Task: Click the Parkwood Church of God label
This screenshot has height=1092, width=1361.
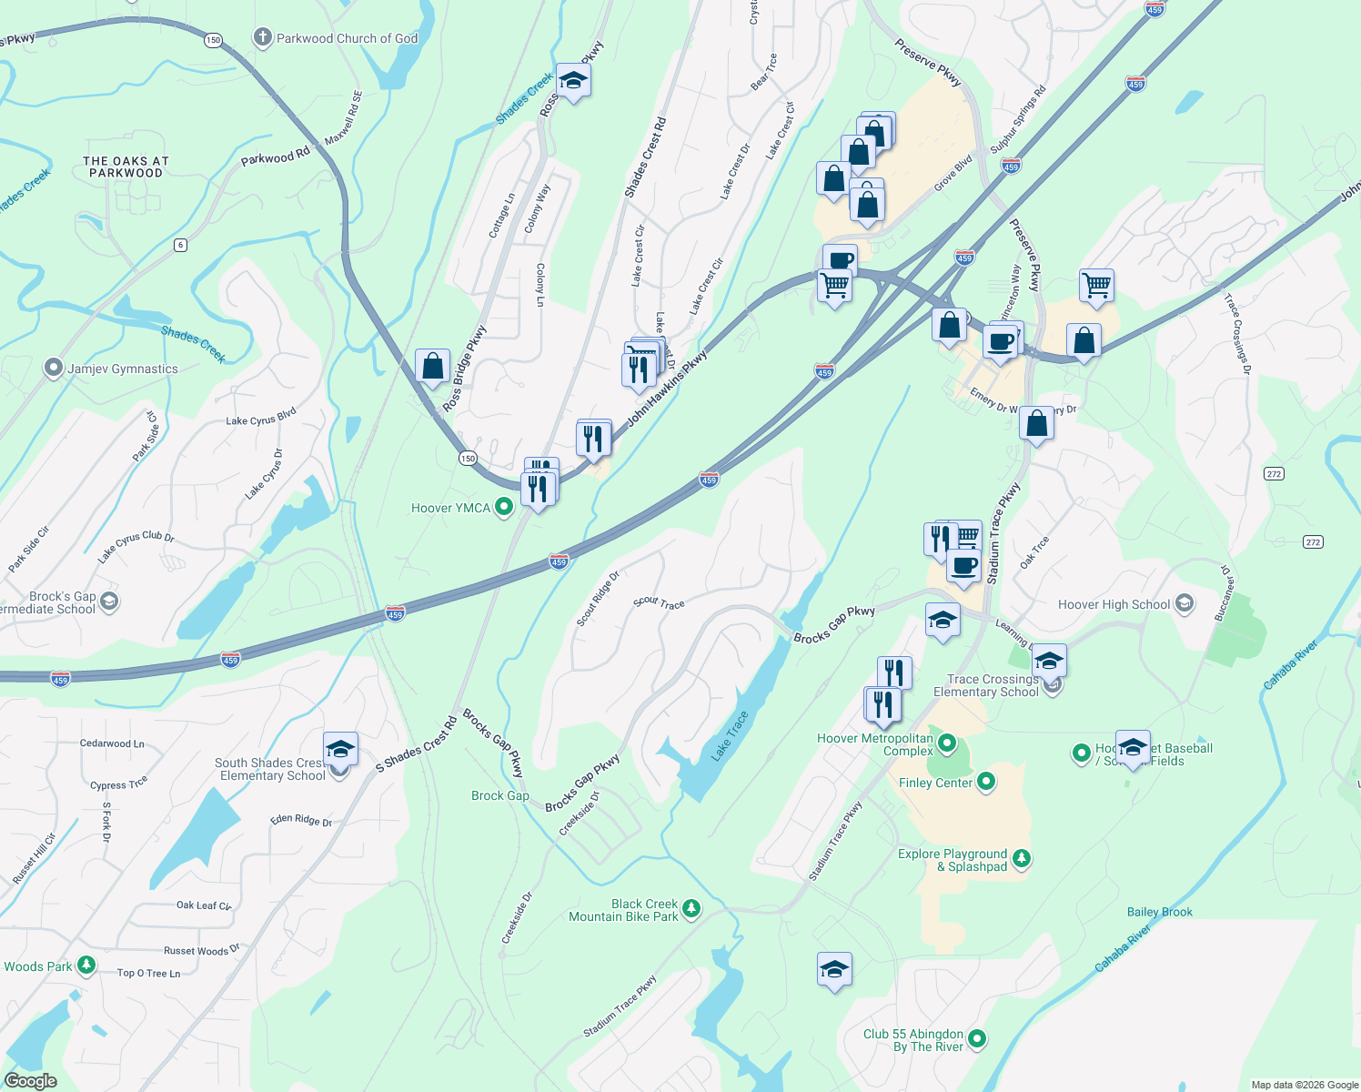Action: (347, 38)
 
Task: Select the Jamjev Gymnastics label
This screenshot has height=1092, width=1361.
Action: (123, 369)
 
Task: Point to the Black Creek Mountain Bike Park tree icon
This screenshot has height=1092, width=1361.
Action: (691, 908)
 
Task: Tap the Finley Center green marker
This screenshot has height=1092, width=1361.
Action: (986, 783)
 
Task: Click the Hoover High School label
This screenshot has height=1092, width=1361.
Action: (1114, 604)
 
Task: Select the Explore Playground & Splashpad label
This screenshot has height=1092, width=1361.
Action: (953, 860)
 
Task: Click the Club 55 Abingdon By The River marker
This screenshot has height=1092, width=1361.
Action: (977, 1038)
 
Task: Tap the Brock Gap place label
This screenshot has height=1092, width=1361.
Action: (500, 795)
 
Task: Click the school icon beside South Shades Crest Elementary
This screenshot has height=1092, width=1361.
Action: (340, 751)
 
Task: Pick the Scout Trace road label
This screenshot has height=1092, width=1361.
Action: (659, 602)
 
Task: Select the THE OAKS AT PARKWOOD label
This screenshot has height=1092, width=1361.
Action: (126, 167)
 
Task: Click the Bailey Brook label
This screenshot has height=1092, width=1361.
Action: (1159, 912)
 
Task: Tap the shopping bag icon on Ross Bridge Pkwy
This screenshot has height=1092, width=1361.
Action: (433, 366)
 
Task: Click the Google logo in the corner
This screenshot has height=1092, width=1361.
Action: (31, 1081)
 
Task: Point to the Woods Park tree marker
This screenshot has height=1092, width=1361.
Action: (86, 965)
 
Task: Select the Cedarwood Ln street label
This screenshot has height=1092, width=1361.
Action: (112, 743)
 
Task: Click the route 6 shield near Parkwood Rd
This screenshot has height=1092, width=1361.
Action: (181, 245)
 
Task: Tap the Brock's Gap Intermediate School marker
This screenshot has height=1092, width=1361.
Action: (109, 601)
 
